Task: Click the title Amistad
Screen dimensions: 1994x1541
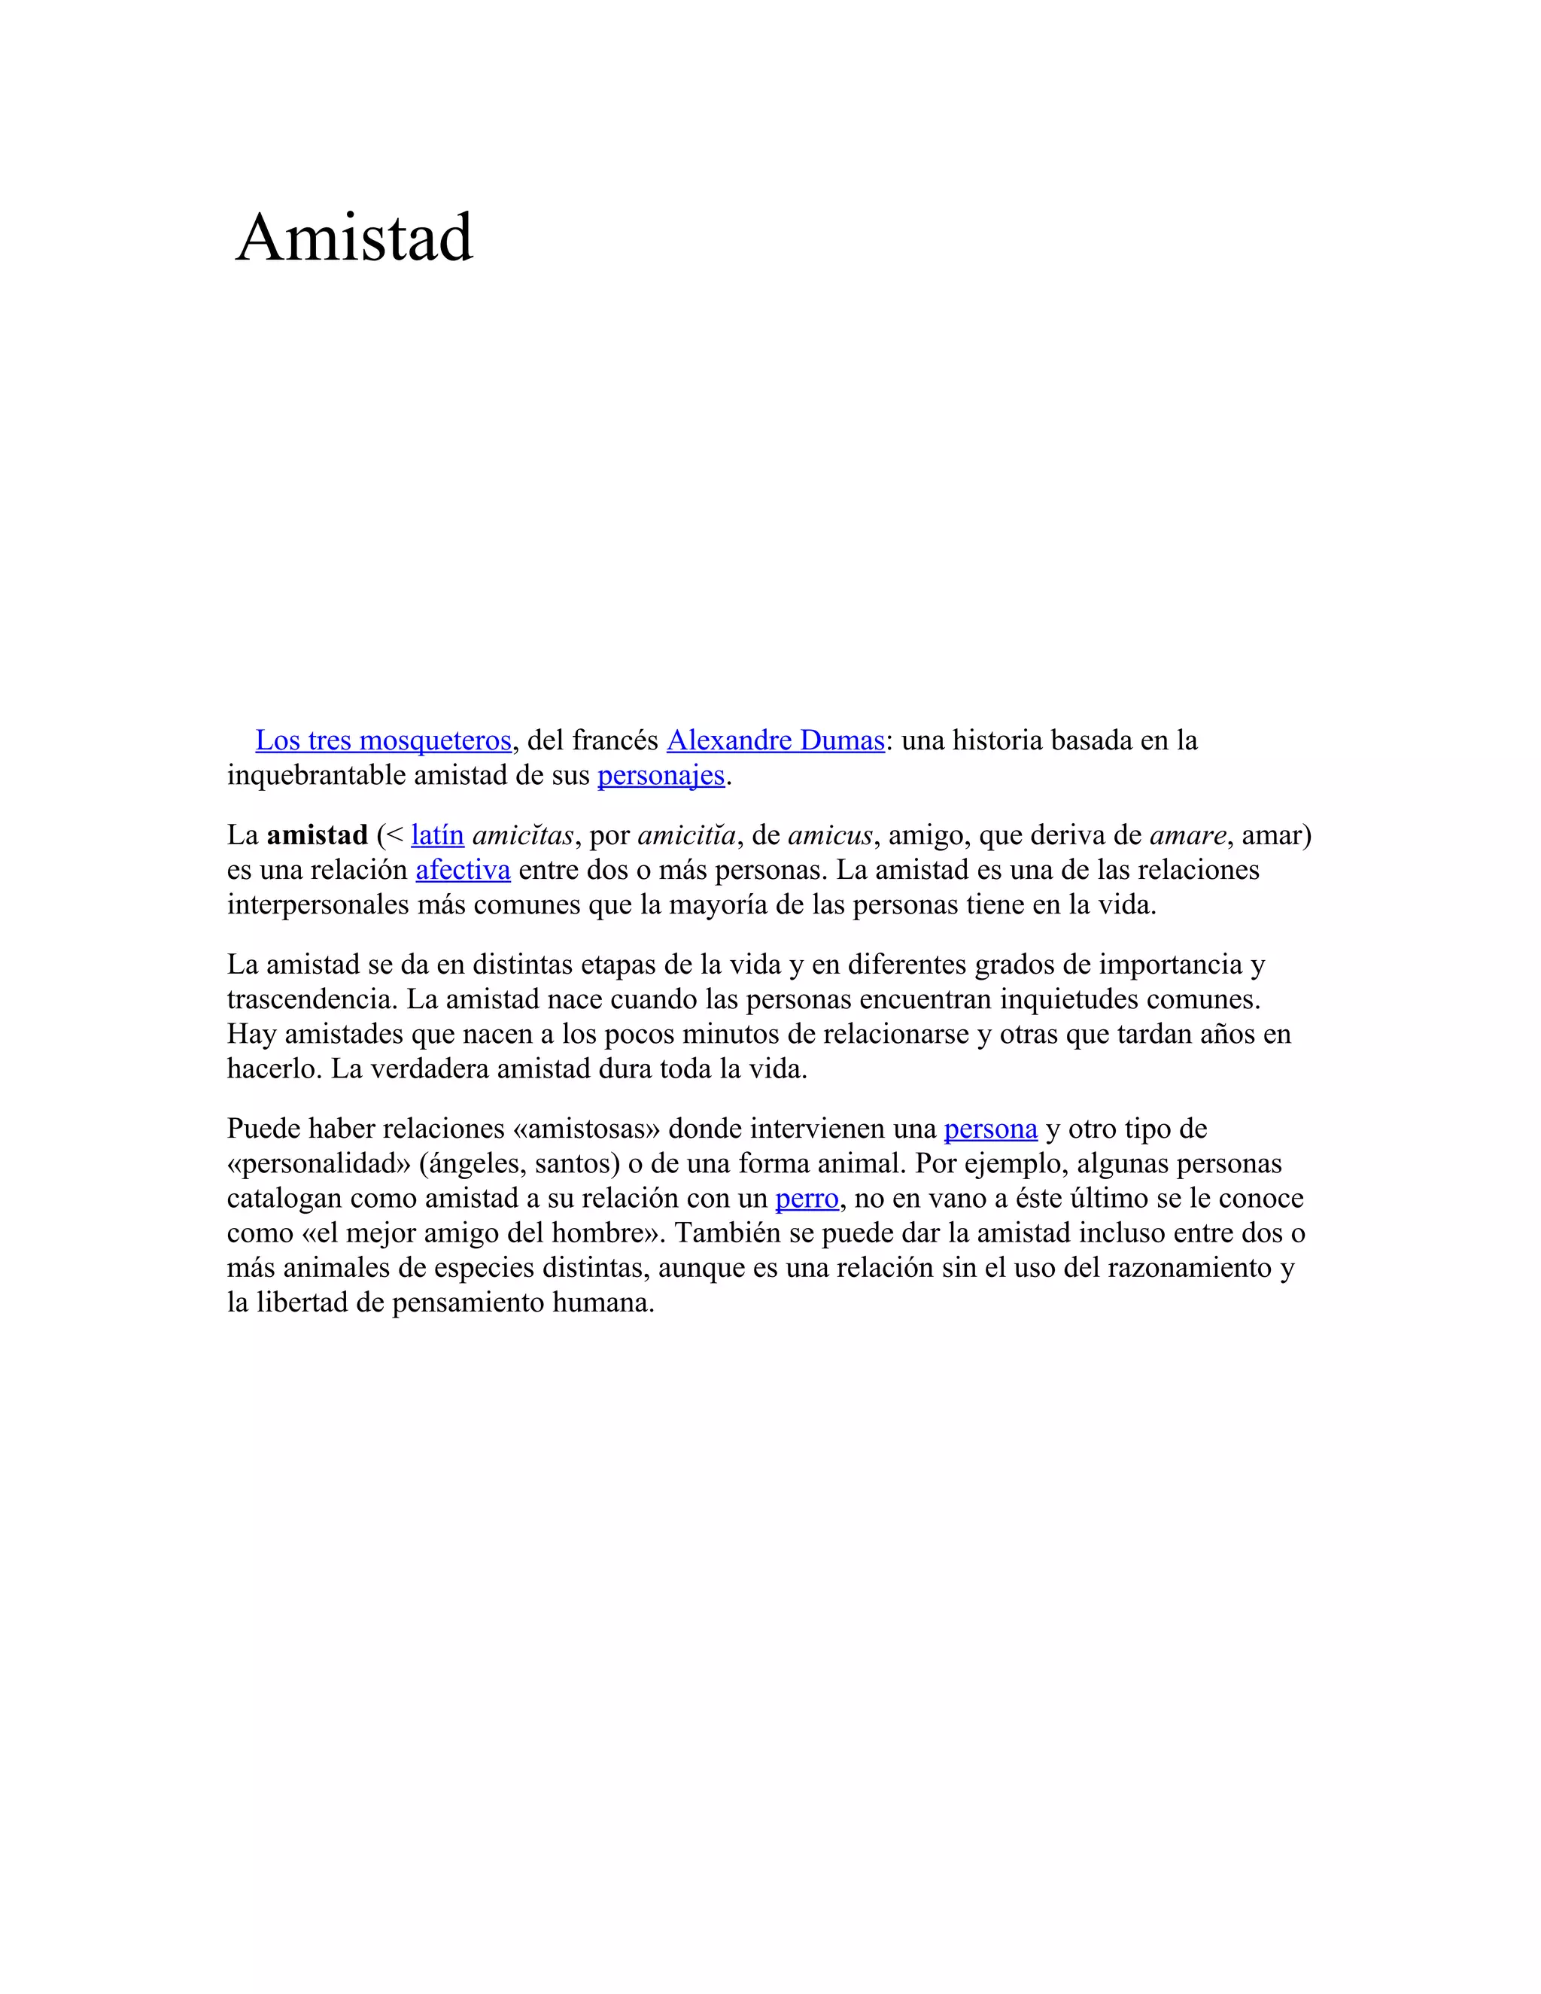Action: tap(354, 237)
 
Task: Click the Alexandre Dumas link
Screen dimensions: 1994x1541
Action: tap(775, 740)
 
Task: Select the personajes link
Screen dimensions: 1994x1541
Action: tap(661, 775)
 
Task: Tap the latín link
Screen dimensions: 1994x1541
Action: tap(437, 834)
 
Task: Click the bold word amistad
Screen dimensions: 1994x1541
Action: tap(317, 834)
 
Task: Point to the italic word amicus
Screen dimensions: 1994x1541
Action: tap(830, 834)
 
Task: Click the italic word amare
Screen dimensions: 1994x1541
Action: tap(1187, 834)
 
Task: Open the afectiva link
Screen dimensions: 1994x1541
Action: tap(463, 869)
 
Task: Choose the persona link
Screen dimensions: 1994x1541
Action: tap(990, 1129)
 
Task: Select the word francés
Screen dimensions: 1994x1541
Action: tap(615, 740)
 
